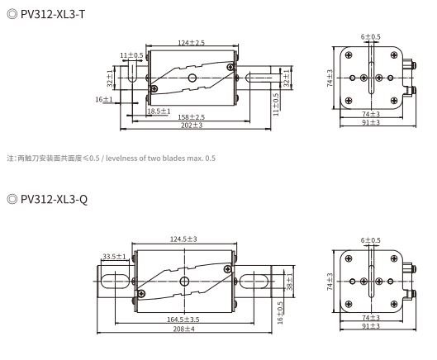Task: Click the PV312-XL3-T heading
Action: [x=53, y=14]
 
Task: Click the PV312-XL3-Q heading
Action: [x=54, y=199]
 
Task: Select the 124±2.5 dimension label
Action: [x=191, y=43]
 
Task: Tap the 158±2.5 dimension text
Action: [x=191, y=117]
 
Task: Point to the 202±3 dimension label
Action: [x=192, y=126]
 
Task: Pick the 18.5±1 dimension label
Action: [x=159, y=111]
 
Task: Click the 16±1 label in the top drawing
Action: [x=104, y=99]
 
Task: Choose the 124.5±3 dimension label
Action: [x=183, y=239]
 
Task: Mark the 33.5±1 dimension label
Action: [x=114, y=256]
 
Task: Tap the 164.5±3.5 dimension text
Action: [x=183, y=320]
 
